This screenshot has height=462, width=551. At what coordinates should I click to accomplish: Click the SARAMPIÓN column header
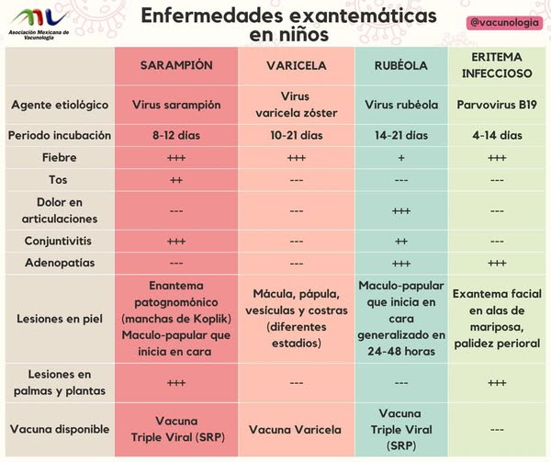(176, 66)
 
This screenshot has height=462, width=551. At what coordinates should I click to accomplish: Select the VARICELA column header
(296, 66)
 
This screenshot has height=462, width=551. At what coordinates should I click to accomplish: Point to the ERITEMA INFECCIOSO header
(497, 66)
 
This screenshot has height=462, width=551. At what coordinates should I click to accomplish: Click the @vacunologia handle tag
(502, 21)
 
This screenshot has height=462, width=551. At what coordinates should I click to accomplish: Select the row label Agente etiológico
(60, 105)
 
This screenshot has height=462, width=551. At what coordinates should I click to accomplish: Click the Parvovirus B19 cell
(497, 105)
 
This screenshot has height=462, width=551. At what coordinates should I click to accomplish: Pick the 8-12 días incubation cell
(176, 135)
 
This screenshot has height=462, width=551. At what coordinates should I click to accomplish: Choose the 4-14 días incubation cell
(497, 135)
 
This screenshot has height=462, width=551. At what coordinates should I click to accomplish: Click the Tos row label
(60, 180)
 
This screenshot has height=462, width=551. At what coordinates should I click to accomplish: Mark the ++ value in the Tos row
(176, 180)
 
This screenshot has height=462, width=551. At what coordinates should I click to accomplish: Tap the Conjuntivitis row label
(60, 241)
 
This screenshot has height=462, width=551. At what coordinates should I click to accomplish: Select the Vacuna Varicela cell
(296, 429)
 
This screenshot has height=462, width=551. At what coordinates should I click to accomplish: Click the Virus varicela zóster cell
(296, 105)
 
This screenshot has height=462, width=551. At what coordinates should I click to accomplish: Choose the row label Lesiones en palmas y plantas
(60, 382)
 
